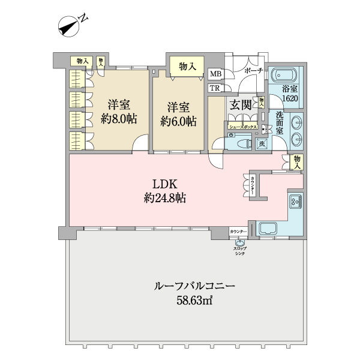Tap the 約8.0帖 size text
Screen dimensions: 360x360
[118, 119]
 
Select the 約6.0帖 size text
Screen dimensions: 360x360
[179, 121]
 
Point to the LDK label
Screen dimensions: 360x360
[164, 184]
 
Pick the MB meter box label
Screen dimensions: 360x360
[215, 74]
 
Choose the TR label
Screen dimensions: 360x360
[214, 88]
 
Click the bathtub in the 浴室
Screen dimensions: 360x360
[286, 77]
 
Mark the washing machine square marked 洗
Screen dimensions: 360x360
[262, 143]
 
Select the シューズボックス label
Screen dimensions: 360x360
[242, 127]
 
